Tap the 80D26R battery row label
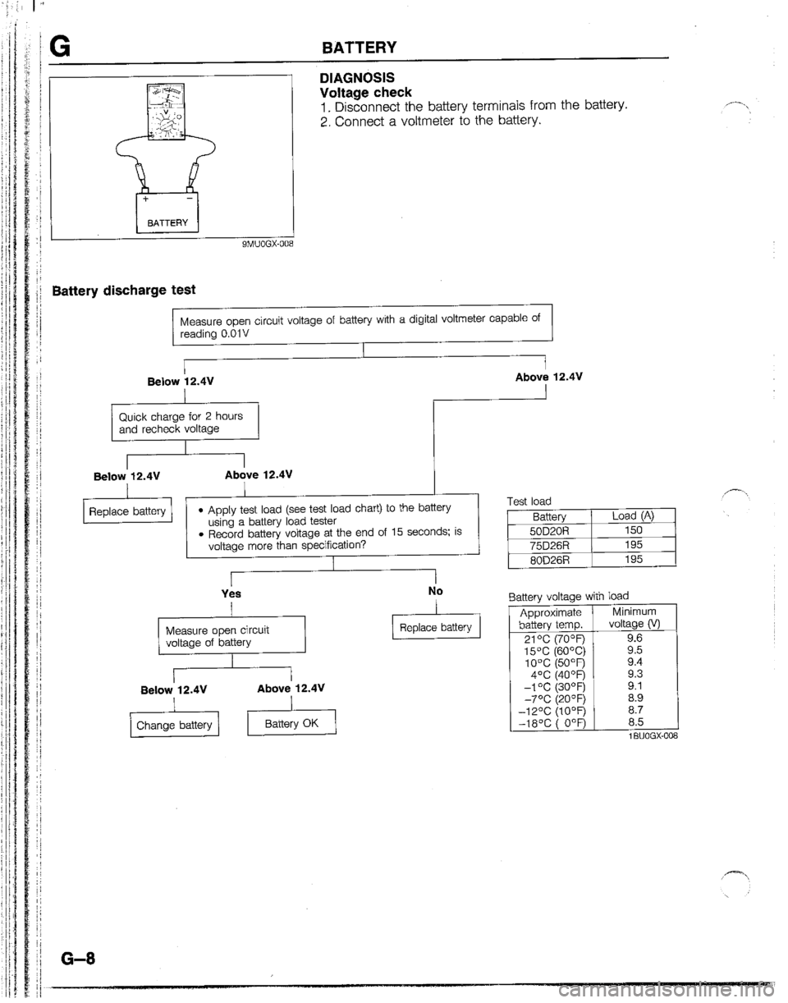point(549,561)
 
